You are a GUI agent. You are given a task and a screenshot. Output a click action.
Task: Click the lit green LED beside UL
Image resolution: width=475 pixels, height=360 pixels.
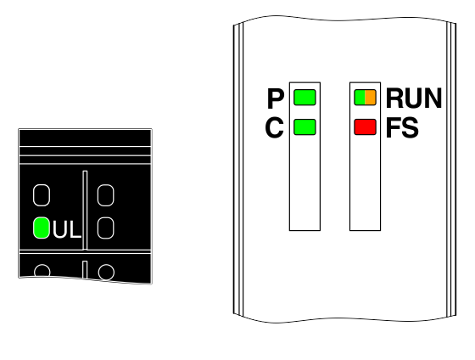point(42,228)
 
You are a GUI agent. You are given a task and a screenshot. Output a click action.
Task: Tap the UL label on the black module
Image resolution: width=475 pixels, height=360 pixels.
point(67,229)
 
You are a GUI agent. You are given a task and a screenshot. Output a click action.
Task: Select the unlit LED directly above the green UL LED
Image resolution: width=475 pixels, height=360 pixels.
point(42,195)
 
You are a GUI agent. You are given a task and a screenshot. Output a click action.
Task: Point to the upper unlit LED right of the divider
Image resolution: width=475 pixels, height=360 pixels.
point(105,195)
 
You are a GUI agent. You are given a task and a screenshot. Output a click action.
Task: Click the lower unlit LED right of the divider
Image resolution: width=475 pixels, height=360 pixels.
point(105,228)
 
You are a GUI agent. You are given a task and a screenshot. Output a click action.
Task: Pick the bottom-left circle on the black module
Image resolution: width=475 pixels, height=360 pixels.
point(42,271)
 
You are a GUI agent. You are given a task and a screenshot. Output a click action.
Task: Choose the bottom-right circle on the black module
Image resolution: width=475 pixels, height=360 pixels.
point(106,272)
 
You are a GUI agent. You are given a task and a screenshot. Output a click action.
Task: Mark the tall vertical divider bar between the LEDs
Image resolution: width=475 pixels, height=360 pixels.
point(85,210)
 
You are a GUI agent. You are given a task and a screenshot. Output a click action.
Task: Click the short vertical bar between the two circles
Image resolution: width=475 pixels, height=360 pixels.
point(85,269)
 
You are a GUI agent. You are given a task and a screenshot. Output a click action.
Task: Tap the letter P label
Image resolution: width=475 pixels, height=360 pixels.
point(276,98)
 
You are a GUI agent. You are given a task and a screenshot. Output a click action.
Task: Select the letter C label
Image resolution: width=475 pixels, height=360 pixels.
point(275,127)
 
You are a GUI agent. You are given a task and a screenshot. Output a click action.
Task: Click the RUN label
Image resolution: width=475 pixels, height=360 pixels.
point(414,98)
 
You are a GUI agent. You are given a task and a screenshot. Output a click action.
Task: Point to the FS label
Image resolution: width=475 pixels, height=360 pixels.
point(402,127)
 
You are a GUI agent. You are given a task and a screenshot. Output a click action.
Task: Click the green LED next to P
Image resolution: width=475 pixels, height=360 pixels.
point(305,98)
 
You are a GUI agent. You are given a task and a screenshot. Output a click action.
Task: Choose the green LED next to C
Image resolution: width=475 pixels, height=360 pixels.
point(305,127)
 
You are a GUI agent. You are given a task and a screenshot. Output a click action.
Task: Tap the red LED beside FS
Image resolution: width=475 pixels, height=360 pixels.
point(366,127)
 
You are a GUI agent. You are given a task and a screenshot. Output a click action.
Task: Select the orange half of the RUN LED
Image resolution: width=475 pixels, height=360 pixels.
point(371,98)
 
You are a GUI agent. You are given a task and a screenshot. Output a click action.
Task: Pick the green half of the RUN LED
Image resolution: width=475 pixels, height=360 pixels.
point(360,98)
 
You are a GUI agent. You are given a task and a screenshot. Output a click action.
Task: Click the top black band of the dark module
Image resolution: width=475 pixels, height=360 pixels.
point(85,138)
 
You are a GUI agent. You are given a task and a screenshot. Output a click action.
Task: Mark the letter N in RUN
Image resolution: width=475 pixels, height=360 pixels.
point(433,98)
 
